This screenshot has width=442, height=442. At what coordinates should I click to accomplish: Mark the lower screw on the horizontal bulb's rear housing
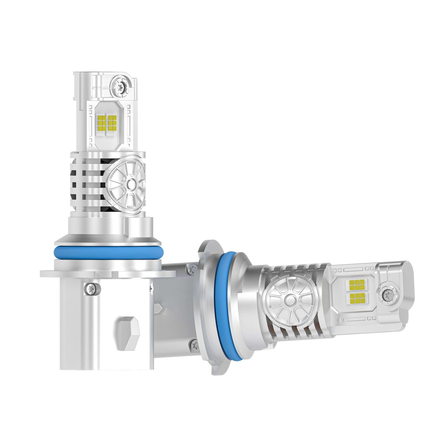click(x=194, y=345)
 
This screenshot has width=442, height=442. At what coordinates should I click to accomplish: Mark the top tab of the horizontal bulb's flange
click(x=207, y=245)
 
